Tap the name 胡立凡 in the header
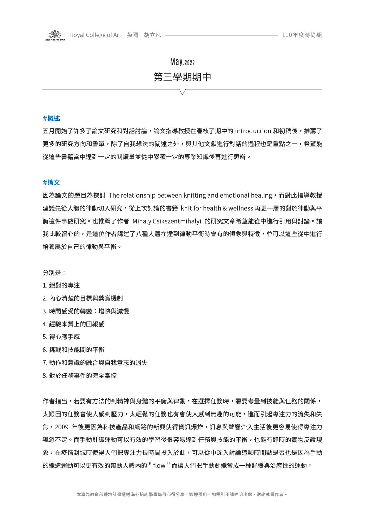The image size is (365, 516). (x=152, y=35)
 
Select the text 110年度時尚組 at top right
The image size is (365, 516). (x=302, y=35)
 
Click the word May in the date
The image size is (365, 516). (x=176, y=62)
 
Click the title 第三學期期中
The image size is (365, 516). (x=182, y=77)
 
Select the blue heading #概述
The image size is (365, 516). (x=51, y=118)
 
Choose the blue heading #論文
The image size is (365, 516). (x=51, y=183)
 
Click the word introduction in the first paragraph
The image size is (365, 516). (x=253, y=131)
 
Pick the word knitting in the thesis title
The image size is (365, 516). (x=195, y=196)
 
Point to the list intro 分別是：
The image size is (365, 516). (x=54, y=273)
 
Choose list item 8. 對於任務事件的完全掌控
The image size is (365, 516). (x=79, y=375)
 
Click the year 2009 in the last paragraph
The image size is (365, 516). (x=61, y=427)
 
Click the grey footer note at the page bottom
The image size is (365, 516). (x=182, y=495)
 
